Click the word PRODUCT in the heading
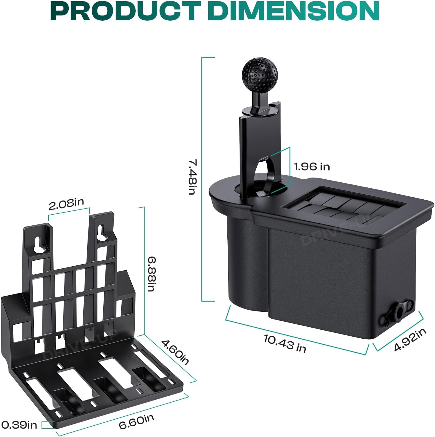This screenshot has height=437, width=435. coord(126,11)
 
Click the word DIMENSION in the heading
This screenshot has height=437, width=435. coord(293,11)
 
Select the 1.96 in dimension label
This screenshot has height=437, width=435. coord(312,167)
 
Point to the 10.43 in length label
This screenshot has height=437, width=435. coord(285,343)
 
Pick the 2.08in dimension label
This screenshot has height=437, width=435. coord(66,204)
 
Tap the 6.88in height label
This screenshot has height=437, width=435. coord(151,274)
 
